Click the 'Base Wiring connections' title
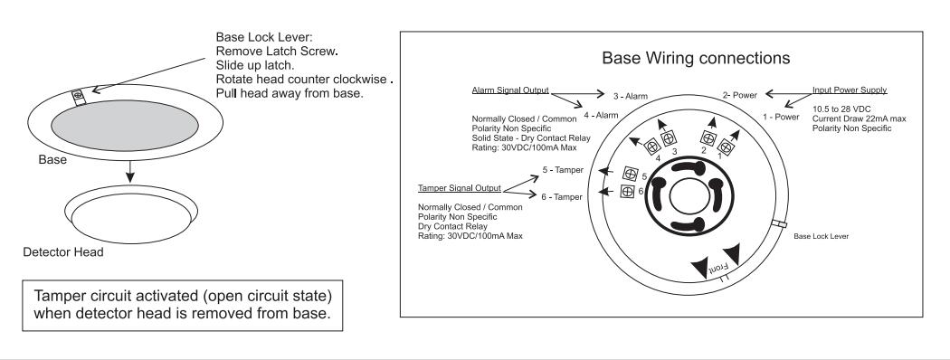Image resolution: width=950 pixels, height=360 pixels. pos(696,58)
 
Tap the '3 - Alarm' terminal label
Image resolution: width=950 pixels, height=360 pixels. pos(630,96)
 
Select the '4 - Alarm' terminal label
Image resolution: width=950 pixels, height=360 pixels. pos(601,115)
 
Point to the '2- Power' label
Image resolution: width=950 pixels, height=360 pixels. pos(740,95)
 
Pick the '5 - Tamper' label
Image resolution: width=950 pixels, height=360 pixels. pos(563,170)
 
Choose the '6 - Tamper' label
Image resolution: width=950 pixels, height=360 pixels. pos(562,197)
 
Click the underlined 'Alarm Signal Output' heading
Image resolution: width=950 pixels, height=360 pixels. pos(510,90)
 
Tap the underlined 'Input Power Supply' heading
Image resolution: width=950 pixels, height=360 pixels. pos(850,90)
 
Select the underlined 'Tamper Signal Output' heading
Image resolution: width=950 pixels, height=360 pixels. pos(460,188)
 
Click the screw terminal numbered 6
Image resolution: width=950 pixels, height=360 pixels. pos(627,192)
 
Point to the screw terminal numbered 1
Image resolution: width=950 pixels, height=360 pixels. pos(725,147)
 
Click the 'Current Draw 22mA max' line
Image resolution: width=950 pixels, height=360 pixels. pos(860,118)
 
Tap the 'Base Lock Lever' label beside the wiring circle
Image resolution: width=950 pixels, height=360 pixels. pos(821,236)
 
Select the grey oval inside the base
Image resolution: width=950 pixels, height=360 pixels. pos(125,126)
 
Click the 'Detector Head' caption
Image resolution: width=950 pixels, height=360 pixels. pos(63,252)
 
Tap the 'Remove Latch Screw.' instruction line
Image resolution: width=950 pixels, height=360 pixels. pos(276,51)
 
